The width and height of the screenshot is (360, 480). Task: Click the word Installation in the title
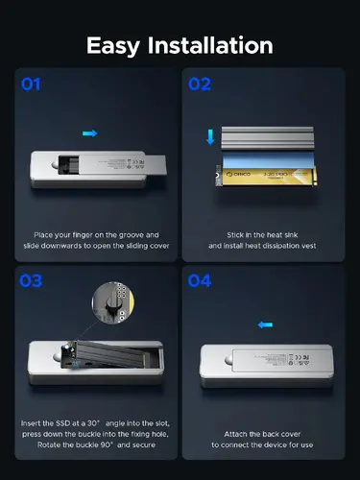213,45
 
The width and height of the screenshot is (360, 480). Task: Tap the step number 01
31,84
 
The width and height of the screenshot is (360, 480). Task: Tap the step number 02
201,84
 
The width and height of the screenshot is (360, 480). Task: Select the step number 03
31,282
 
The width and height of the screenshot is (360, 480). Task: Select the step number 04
201,282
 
